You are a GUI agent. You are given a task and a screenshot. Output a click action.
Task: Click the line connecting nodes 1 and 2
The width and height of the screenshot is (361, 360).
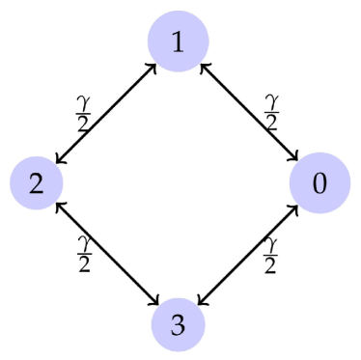[x=107, y=112]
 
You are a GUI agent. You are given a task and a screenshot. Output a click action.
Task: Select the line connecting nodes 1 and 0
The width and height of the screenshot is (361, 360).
[x=249, y=112]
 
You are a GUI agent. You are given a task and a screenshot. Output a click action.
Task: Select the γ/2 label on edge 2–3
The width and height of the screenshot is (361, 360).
[x=83, y=252]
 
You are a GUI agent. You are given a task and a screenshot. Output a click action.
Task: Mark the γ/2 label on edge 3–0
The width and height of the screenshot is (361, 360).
[x=272, y=252]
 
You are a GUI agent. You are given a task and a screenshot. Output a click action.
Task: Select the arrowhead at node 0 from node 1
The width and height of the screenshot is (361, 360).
[x=297, y=159]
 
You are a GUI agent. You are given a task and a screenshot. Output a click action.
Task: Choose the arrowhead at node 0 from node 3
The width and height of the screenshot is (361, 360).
[x=297, y=206]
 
